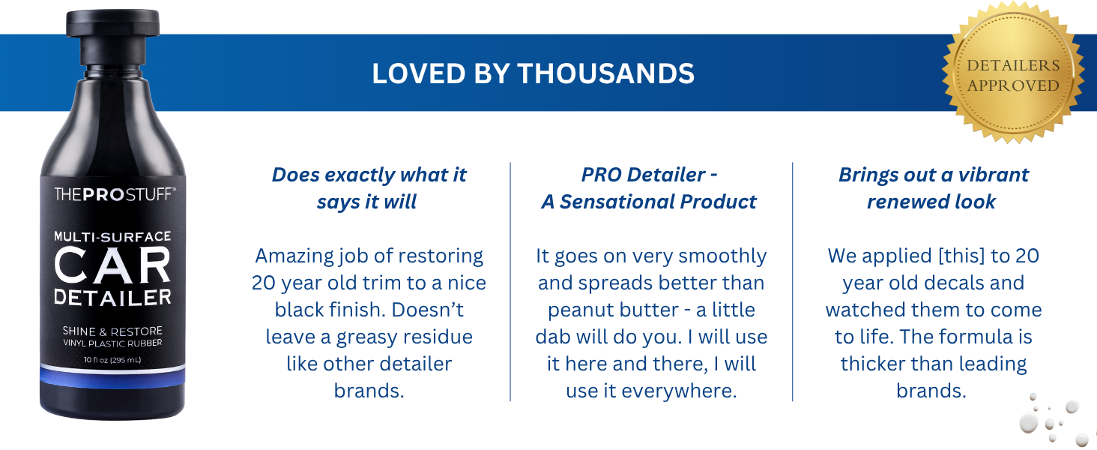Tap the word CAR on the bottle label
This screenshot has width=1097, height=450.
click(112, 265)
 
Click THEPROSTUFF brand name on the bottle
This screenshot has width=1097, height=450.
click(114, 195)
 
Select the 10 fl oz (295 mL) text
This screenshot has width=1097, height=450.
click(112, 360)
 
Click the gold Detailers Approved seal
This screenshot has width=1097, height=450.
click(1013, 75)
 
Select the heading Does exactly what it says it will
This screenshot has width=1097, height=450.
click(369, 187)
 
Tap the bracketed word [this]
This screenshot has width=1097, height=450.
click(962, 256)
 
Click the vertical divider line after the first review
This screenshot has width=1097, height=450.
click(510, 281)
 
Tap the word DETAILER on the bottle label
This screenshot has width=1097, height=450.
click(112, 298)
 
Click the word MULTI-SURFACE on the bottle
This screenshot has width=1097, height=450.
click(112, 236)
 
